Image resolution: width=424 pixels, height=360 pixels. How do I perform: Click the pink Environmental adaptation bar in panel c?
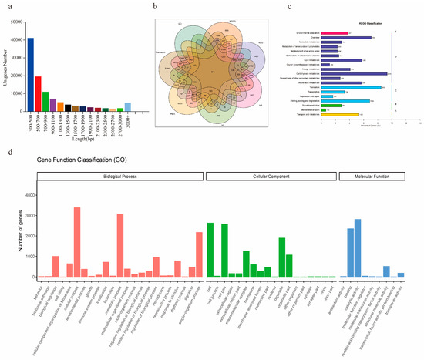pos(333,33)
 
